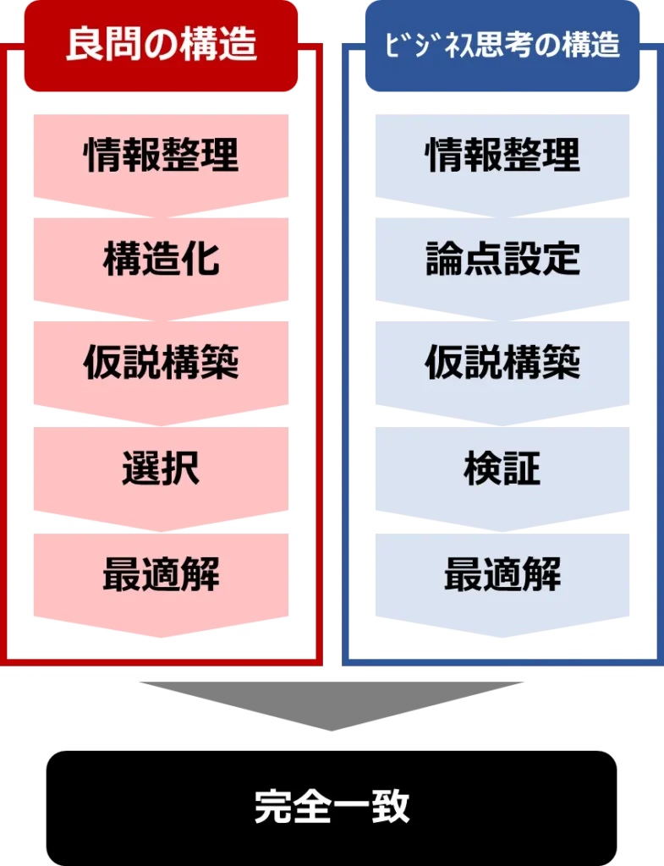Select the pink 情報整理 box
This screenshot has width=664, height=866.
161,156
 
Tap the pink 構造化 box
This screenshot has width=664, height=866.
161,260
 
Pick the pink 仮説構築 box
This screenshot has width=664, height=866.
161,364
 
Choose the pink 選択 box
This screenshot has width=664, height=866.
161,470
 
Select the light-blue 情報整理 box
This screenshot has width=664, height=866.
503,156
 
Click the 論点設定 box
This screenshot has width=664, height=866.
503,260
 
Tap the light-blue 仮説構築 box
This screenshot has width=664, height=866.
503,364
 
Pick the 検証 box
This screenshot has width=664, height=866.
503,470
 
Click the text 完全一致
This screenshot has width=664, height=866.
332,807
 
